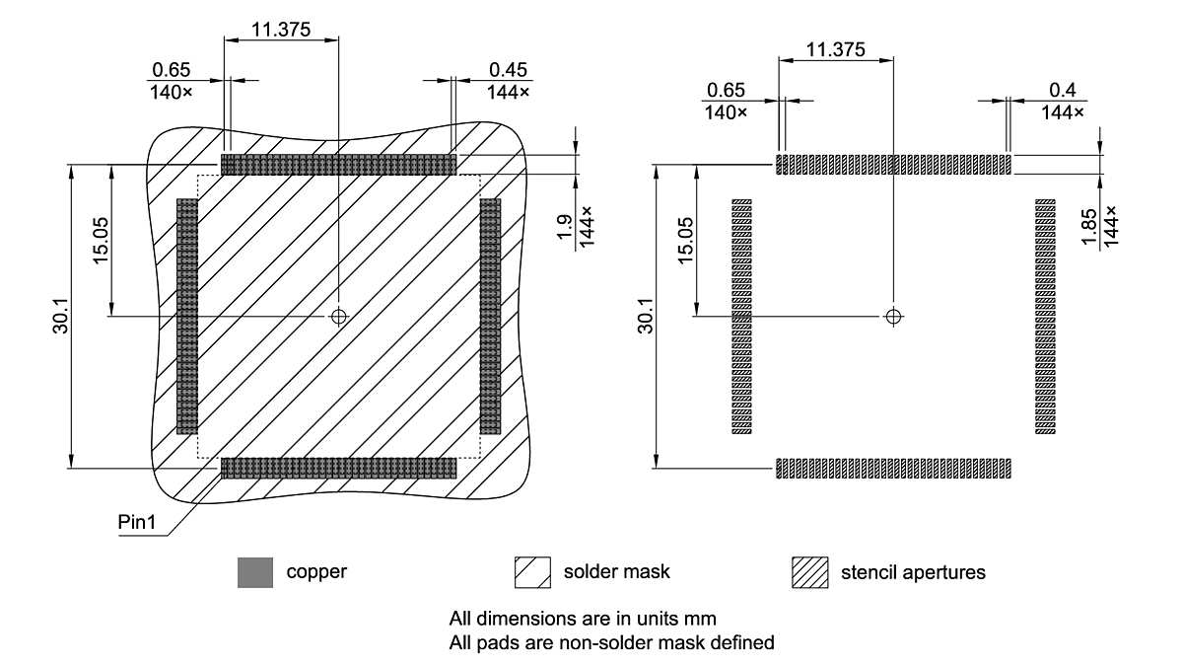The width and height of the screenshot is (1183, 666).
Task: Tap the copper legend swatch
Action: pyautogui.click(x=254, y=572)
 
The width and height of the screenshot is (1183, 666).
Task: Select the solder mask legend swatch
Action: pyautogui.click(x=531, y=572)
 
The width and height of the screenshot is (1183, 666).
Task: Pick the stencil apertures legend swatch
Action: pyautogui.click(x=809, y=572)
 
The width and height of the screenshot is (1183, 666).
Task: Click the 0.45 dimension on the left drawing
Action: pyautogui.click(x=508, y=70)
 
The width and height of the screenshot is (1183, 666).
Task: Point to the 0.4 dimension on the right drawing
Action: pyautogui.click(x=1063, y=90)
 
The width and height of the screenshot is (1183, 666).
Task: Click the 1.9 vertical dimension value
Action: pyautogui.click(x=564, y=227)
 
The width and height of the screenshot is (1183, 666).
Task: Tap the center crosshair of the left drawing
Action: pyautogui.click(x=339, y=316)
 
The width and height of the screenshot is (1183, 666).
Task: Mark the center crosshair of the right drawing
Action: pyautogui.click(x=893, y=316)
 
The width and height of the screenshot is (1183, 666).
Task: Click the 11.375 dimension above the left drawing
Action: pyautogui.click(x=281, y=29)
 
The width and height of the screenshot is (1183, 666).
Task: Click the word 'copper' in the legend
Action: pyautogui.click(x=316, y=572)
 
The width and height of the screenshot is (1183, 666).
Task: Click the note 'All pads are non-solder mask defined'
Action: pyautogui.click(x=611, y=642)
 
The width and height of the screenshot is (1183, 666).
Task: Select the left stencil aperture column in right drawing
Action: pyautogui.click(x=741, y=316)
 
